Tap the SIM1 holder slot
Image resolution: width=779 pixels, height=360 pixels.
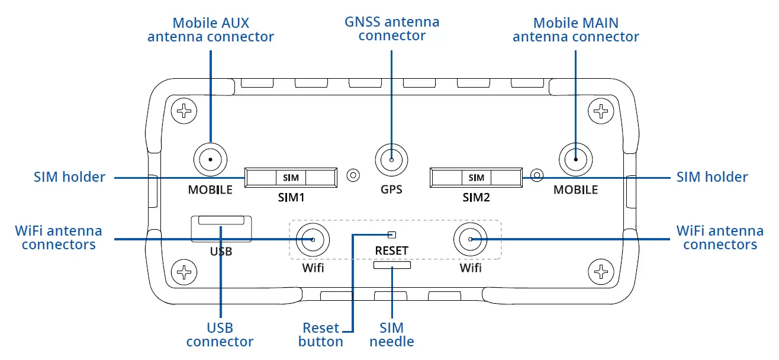(x=291, y=178)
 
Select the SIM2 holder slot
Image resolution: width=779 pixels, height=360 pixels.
(x=476, y=178)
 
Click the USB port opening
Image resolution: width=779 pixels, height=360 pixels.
(x=221, y=221)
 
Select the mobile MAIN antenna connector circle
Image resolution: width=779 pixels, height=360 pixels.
(x=576, y=159)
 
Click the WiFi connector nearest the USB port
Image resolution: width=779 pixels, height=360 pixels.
(x=312, y=239)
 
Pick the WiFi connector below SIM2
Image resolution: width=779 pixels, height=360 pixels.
(x=470, y=239)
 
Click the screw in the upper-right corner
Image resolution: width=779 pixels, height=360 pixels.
(x=601, y=110)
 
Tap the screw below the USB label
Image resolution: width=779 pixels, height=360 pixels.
(x=185, y=273)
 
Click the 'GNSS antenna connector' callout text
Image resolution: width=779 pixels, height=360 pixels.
(x=392, y=29)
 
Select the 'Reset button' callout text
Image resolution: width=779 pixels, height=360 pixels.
(x=321, y=335)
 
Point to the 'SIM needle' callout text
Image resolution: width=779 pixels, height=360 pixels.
(x=392, y=335)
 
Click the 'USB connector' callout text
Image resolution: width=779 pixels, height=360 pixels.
(x=220, y=335)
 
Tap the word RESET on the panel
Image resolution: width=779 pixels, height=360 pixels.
(x=391, y=250)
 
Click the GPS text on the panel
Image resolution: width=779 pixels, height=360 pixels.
(x=391, y=190)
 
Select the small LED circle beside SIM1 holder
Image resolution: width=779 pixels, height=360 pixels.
(x=353, y=175)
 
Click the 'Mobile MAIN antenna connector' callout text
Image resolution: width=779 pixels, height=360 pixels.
(x=575, y=30)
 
